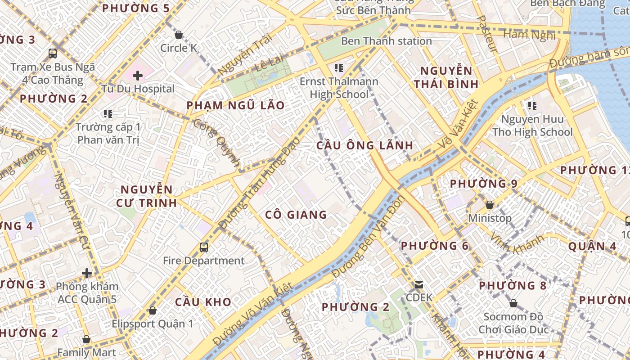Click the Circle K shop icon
coord(179,35)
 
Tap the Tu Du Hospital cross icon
coord(138,76)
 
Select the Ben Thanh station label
coord(386,41)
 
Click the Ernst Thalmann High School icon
coord(339,68)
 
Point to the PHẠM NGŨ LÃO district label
coord(235,105)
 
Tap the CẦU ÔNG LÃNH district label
coord(364,145)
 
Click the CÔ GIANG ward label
coord(296,215)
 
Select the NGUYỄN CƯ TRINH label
coord(146,196)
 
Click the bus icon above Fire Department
coord(204,247)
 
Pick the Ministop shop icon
coord(490,205)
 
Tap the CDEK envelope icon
coord(419,284)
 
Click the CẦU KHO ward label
coord(203,302)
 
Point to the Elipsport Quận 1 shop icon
coord(153,310)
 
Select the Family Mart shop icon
coord(86,339)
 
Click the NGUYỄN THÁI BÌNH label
coord(446,77)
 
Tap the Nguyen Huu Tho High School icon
coord(532,106)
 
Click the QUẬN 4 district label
coord(592,246)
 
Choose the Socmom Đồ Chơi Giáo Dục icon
coord(513,303)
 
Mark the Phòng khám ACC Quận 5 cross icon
coord(86,273)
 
